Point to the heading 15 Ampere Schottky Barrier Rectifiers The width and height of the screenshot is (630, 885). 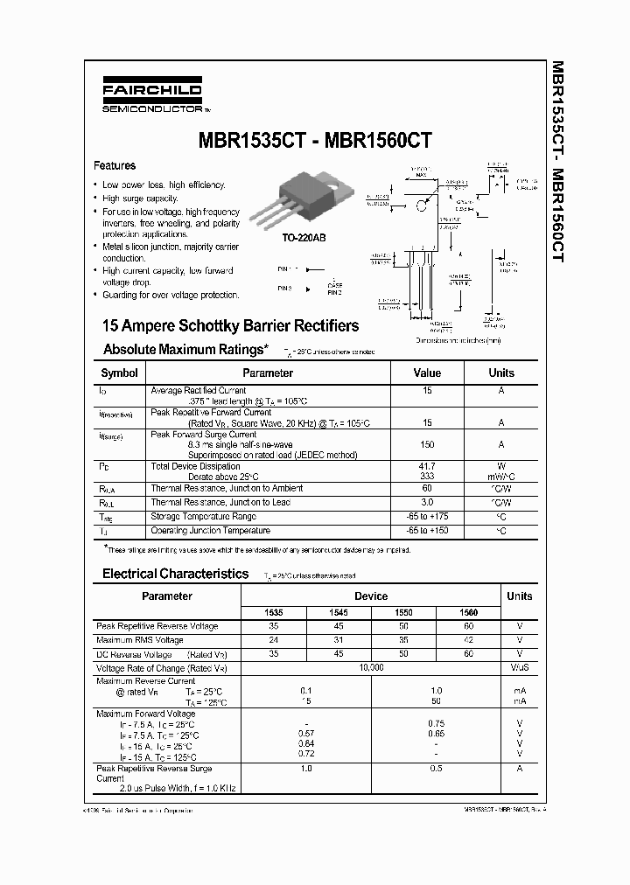tap(230, 325)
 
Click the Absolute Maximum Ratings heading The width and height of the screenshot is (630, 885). tap(185, 349)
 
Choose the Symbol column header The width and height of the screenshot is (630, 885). tap(120, 373)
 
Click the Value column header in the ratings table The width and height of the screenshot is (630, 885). tap(427, 373)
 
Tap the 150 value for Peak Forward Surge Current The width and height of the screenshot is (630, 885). tap(427, 444)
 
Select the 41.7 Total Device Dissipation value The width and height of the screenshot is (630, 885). tap(427, 466)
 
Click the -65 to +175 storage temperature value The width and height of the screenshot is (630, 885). tap(427, 517)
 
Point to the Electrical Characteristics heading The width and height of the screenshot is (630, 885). tap(176, 574)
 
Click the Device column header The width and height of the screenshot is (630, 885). tap(371, 596)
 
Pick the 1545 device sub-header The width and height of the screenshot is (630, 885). tap(339, 613)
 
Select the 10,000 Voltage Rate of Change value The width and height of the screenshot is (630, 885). tap(371, 667)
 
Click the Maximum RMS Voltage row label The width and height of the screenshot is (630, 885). tap(140, 640)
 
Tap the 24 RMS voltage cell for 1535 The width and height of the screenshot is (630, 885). tap(274, 640)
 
